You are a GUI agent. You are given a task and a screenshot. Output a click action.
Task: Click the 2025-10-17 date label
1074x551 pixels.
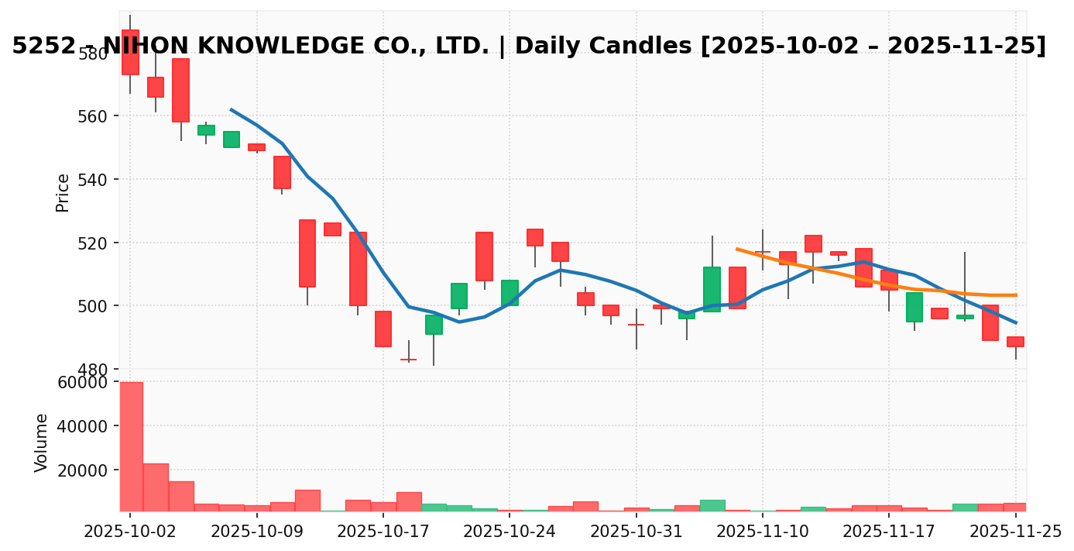point(383,532)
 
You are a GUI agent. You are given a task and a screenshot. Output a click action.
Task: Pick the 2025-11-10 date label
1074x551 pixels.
point(763,532)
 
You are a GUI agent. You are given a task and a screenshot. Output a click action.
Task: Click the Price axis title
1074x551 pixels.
point(63,192)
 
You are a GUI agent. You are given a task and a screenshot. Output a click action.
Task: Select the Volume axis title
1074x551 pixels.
point(42,443)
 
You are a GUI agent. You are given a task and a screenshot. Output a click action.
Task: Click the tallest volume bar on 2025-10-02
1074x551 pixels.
point(130,446)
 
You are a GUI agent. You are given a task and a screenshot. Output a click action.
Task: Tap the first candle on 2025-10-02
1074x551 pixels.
point(130,52)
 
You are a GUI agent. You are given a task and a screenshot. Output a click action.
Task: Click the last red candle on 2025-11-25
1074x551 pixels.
point(1015,342)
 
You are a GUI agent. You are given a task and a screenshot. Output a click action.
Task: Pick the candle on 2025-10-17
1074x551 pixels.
point(383,329)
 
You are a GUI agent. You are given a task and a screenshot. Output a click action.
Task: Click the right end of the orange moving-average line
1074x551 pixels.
point(1016,295)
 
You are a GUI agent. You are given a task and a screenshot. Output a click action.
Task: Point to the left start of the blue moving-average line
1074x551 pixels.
point(231,110)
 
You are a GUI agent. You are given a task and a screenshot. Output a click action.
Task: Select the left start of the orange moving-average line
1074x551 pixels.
point(737,249)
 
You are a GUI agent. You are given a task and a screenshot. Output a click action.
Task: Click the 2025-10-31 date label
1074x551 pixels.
point(636,532)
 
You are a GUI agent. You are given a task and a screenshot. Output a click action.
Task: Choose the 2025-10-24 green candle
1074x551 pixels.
point(510,293)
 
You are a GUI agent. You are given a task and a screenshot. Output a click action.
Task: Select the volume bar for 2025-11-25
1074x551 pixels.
point(1015,507)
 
